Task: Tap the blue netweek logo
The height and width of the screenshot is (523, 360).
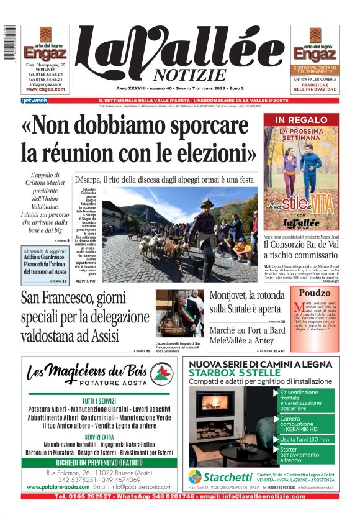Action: click(x=34, y=101)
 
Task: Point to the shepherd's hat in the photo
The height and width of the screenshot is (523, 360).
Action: click(x=207, y=203)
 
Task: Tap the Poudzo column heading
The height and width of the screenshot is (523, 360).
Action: click(x=314, y=293)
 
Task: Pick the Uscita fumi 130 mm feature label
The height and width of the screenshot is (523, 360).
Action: click(x=304, y=439)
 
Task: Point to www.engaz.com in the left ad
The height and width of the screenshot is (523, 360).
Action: click(x=45, y=89)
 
